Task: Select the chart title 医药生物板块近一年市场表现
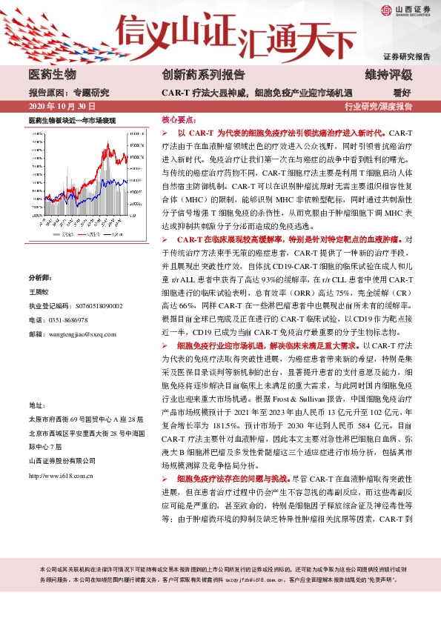click(x=73, y=120)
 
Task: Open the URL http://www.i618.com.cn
click(x=59, y=476)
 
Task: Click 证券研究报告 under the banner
click(x=406, y=57)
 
